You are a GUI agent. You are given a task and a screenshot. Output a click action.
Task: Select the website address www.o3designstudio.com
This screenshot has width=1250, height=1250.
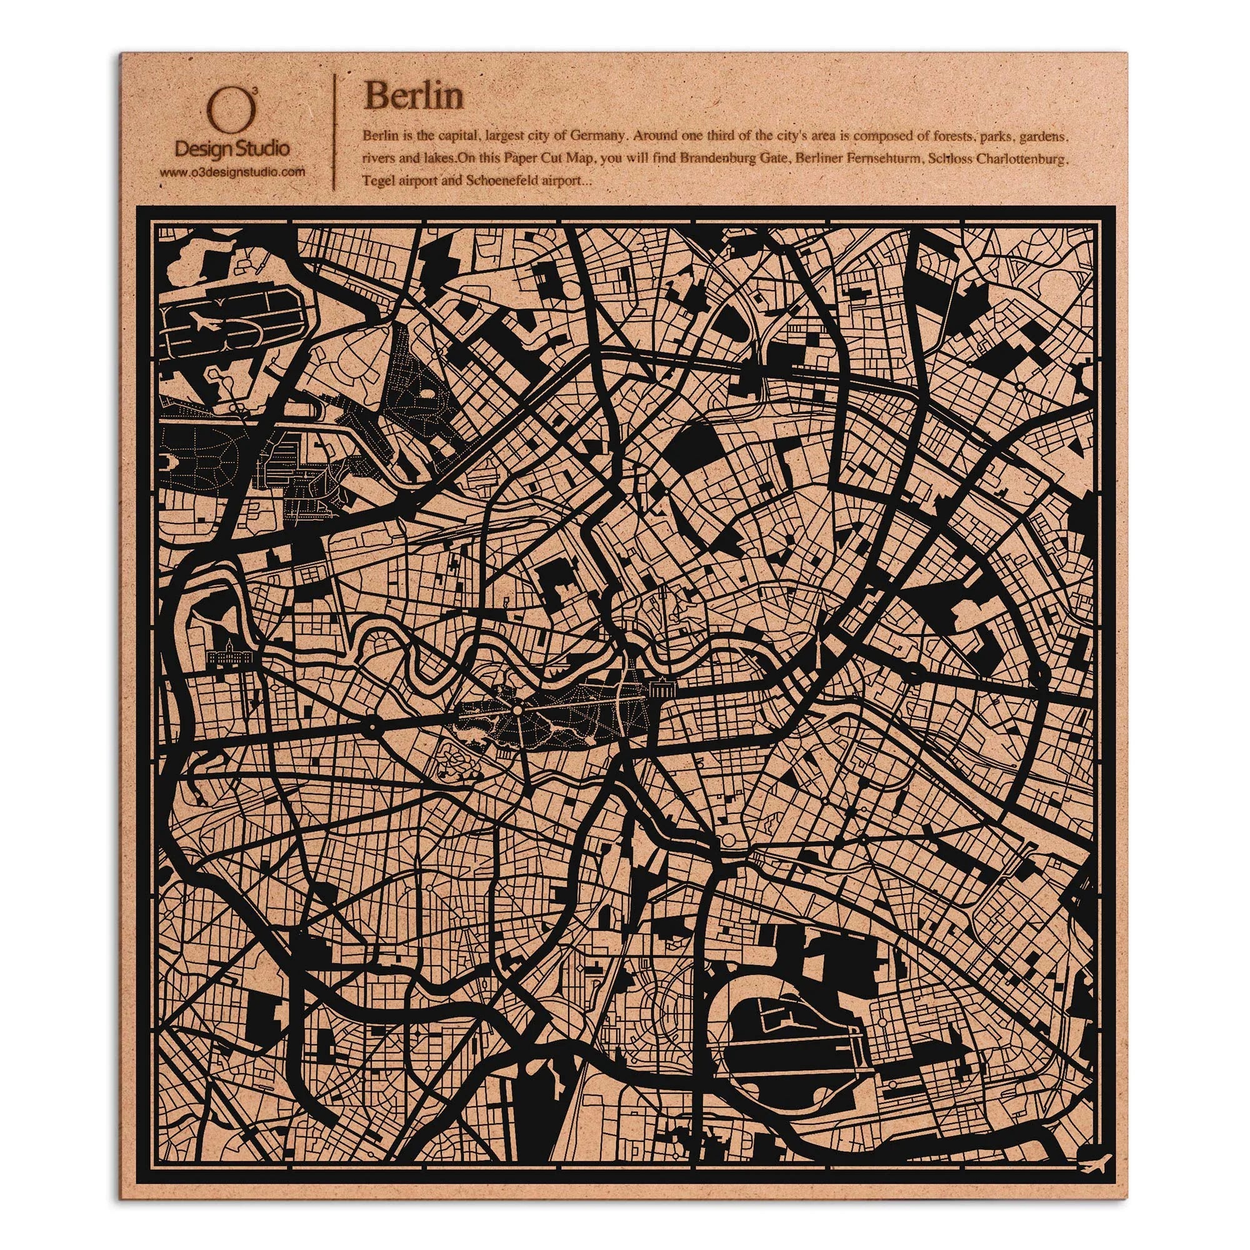pyautogui.click(x=232, y=172)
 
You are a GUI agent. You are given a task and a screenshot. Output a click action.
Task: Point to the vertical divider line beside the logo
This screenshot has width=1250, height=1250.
pyautogui.click(x=334, y=132)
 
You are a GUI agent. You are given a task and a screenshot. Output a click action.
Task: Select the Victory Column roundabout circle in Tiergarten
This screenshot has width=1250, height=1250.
pyautogui.click(x=517, y=711)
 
